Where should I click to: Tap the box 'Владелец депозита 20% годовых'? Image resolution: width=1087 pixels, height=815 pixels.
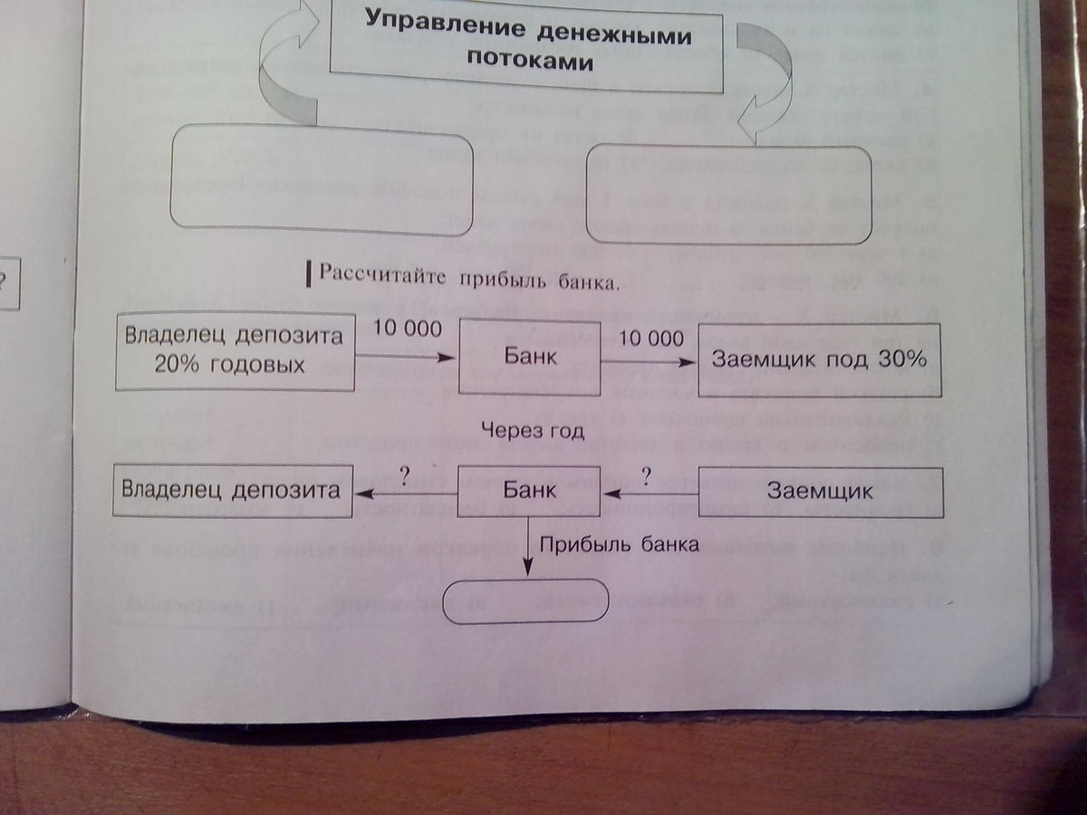(x=236, y=351)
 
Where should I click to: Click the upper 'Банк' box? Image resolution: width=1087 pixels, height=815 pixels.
(x=530, y=357)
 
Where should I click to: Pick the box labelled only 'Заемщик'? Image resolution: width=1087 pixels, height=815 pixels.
(x=821, y=492)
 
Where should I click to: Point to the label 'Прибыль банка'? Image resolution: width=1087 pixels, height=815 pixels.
(x=620, y=544)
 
